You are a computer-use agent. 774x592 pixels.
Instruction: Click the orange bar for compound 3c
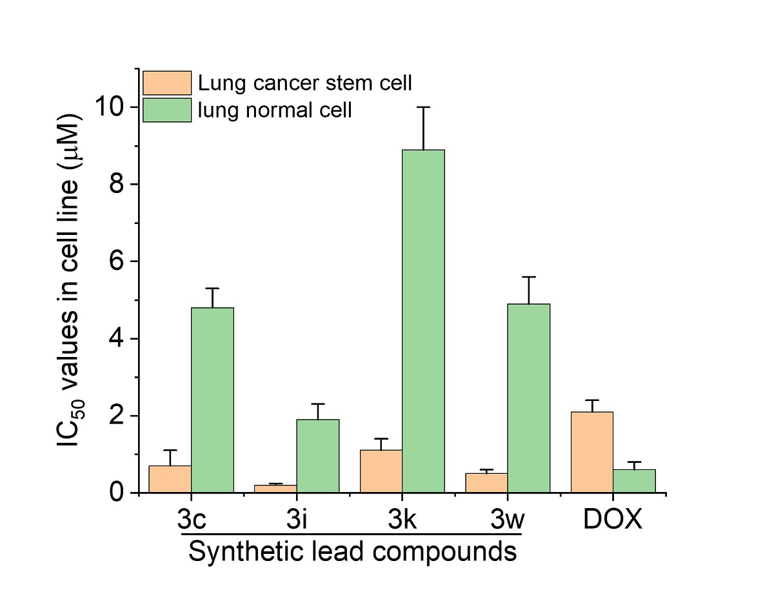pyautogui.click(x=170, y=479)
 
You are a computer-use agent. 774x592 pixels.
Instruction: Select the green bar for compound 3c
pyautogui.click(x=212, y=400)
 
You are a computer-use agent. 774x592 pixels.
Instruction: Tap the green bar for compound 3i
pyautogui.click(x=318, y=456)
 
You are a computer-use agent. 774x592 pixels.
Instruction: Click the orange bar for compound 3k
pyautogui.click(x=381, y=471)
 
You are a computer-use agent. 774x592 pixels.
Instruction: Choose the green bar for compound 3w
pyautogui.click(x=528, y=398)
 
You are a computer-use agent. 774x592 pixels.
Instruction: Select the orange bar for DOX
pyautogui.click(x=592, y=452)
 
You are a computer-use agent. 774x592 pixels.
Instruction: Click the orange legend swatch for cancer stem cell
pyautogui.click(x=167, y=83)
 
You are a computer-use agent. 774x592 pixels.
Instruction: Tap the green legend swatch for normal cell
pyautogui.click(x=167, y=110)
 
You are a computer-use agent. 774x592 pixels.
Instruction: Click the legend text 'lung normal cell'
pyautogui.click(x=275, y=110)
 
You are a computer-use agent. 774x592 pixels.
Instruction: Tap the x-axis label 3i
pyautogui.click(x=296, y=520)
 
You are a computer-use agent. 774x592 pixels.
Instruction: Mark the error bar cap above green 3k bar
pyautogui.click(x=423, y=107)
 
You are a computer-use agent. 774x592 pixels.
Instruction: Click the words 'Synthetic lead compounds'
pyautogui.click(x=353, y=552)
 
